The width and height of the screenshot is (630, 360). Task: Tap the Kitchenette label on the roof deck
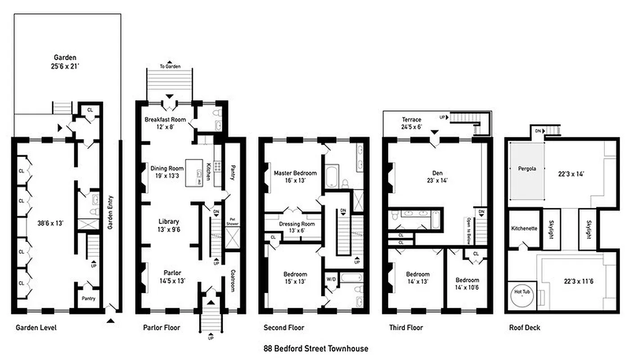pyautogui.click(x=524, y=228)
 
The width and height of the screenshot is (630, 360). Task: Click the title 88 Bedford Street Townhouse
pyautogui.click(x=315, y=348)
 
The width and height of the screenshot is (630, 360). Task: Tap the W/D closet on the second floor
pyautogui.click(x=331, y=279)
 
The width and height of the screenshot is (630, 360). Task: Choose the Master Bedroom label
pyautogui.click(x=295, y=176)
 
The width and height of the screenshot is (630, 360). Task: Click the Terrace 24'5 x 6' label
pyautogui.click(x=412, y=123)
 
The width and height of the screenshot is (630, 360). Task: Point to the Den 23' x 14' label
pyautogui.click(x=435, y=176)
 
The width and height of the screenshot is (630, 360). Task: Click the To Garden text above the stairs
pyautogui.click(x=170, y=67)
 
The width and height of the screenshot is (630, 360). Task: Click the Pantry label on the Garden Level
pyautogui.click(x=88, y=298)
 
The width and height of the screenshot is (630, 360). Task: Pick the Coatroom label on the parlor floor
pyautogui.click(x=233, y=280)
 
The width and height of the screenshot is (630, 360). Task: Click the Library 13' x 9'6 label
pyautogui.click(x=169, y=225)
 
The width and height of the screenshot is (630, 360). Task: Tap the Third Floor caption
pyautogui.click(x=406, y=328)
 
